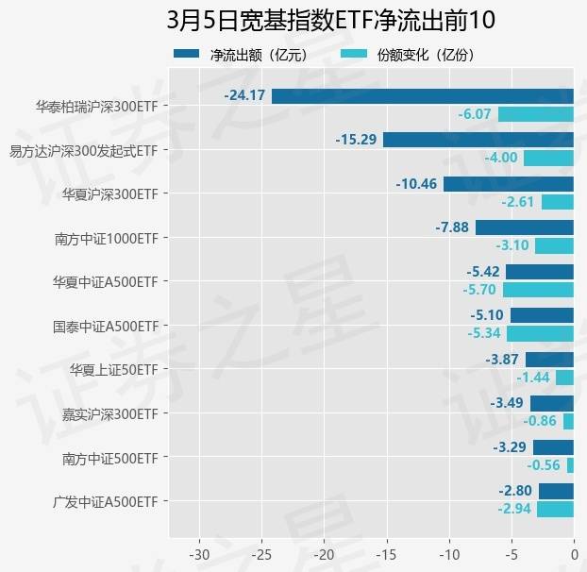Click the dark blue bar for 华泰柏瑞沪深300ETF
[x=423, y=95]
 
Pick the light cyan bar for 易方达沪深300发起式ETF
[x=548, y=158]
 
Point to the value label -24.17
[x=244, y=95]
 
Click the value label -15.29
[x=356, y=140]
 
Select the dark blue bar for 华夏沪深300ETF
[x=509, y=183]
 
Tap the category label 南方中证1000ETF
[x=105, y=238]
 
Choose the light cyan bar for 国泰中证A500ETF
[x=540, y=333]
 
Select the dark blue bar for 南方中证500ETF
[x=553, y=447]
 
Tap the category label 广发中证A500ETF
[x=105, y=501]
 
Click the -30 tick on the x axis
[x=200, y=551]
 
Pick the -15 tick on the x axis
[x=387, y=551]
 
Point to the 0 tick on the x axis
[x=574, y=551]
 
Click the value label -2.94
[x=515, y=509]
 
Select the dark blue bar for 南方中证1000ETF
[x=525, y=227]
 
